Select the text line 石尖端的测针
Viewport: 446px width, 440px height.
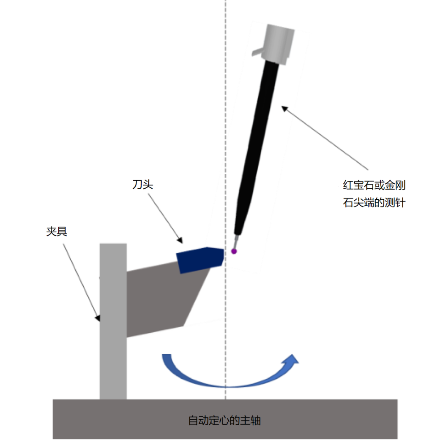(375, 203)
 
